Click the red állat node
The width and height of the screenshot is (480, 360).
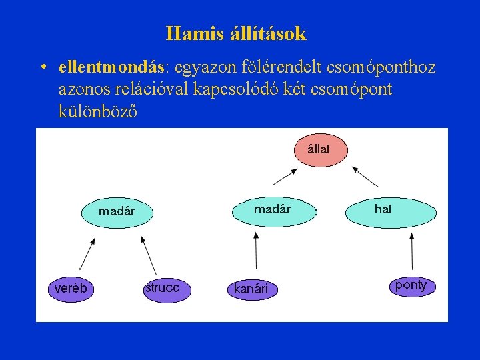(321, 149)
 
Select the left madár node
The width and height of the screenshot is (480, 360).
(117, 211)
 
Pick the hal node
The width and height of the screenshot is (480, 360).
(391, 211)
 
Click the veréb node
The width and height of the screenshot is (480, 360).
(71, 289)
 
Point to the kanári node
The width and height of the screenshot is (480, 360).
(251, 289)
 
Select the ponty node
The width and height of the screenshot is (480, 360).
(411, 286)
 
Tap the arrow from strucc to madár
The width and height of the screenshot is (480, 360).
(148, 255)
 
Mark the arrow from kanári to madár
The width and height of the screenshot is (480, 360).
(256, 251)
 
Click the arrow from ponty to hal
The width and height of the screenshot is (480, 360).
(411, 251)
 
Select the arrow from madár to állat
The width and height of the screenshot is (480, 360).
(285, 176)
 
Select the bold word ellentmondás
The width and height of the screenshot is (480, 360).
(111, 68)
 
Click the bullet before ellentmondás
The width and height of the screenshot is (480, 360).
(43, 68)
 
